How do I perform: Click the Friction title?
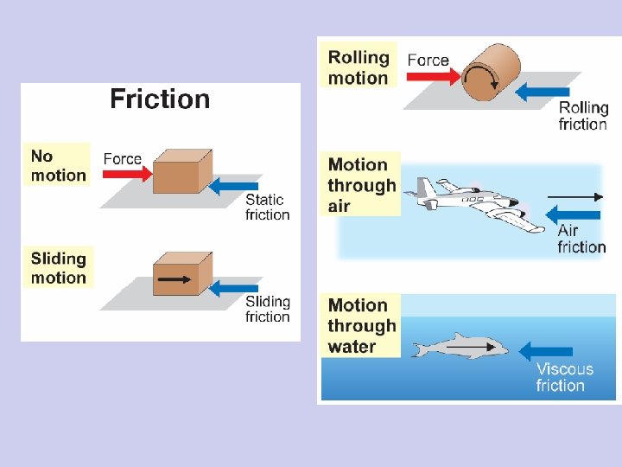(x=160, y=99)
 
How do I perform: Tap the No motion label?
(x=58, y=165)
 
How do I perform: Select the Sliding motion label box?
(x=58, y=267)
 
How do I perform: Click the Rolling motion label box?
(x=358, y=67)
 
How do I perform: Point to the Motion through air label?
(x=361, y=185)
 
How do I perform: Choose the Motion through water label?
(x=362, y=326)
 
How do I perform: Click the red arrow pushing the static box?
(x=128, y=174)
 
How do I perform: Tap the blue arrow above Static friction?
(x=235, y=185)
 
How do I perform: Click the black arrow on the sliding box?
(x=175, y=279)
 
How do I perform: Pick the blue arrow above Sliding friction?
(x=235, y=287)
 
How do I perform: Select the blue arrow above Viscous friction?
(x=546, y=351)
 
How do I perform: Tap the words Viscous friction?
(x=564, y=377)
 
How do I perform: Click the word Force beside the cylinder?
(x=428, y=61)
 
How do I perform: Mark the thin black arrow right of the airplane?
(x=575, y=197)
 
